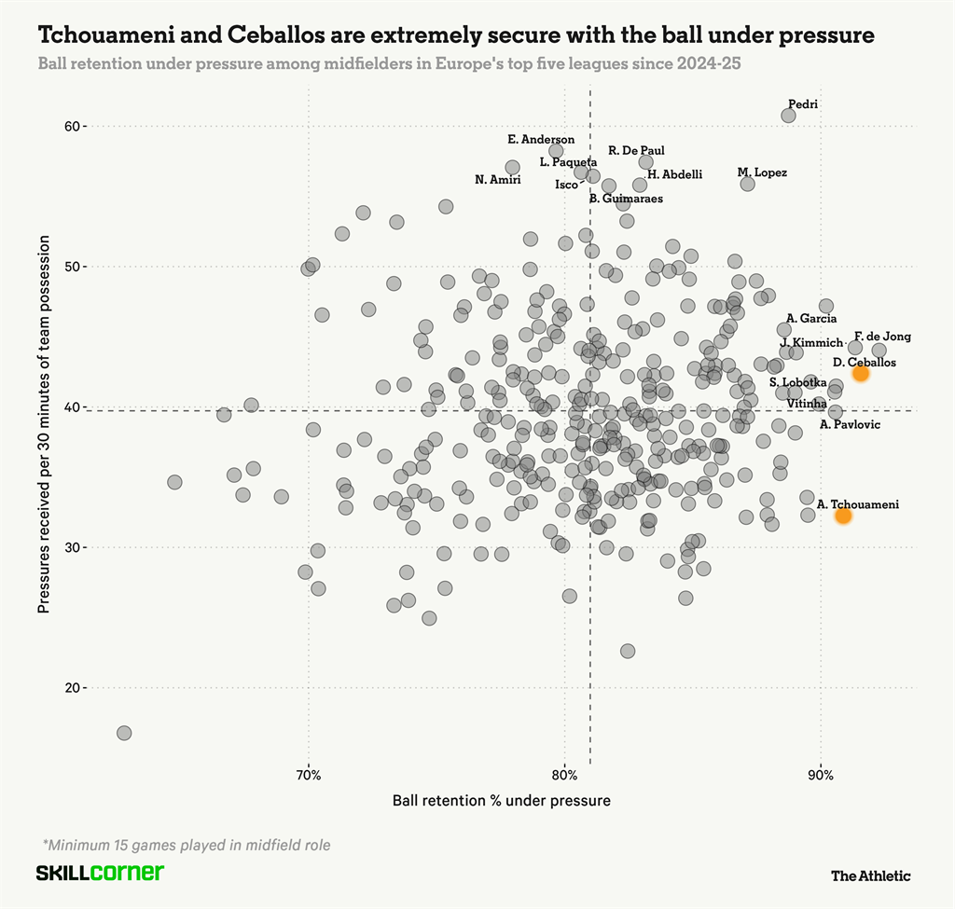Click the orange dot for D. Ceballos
coord(860,373)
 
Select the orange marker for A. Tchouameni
coord(843,516)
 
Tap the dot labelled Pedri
coord(788,116)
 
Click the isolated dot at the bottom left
coord(124,734)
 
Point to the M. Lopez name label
coord(762,172)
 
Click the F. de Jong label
coord(882,337)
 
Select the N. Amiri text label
coord(497,180)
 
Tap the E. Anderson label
coord(541,140)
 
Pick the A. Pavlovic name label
coord(850,425)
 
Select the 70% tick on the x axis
coord(309,775)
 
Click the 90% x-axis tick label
coord(820,775)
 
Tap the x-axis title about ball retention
coord(502,800)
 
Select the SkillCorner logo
coord(100,874)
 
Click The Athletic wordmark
coord(870,875)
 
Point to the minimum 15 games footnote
coord(187,846)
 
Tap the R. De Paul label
coord(636,150)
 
